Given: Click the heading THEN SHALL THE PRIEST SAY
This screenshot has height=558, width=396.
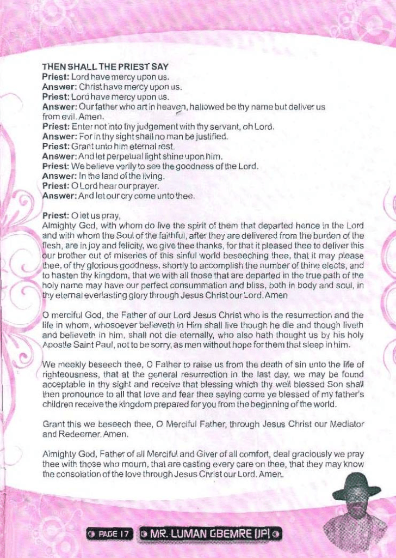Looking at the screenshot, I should point(105,67).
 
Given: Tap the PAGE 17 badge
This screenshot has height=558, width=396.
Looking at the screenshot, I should point(109,533).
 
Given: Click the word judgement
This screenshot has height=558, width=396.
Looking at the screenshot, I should point(141,127).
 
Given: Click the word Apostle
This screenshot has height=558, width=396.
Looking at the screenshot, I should point(57,345).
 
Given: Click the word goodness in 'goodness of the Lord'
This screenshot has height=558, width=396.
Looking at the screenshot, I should point(202,166).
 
